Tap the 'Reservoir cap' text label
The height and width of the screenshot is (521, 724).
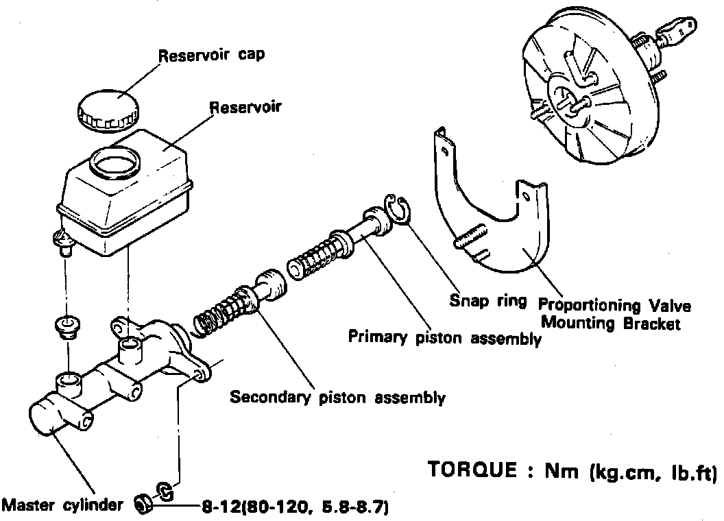[211, 56]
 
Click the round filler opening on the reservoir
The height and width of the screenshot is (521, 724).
[115, 162]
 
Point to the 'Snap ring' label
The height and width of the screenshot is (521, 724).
[488, 300]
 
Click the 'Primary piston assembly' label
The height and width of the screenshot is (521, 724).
[444, 337]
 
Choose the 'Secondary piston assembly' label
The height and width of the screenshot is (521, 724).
[337, 397]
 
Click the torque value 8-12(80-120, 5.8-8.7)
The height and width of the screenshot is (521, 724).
[295, 508]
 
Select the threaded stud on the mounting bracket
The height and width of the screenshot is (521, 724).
[468, 237]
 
